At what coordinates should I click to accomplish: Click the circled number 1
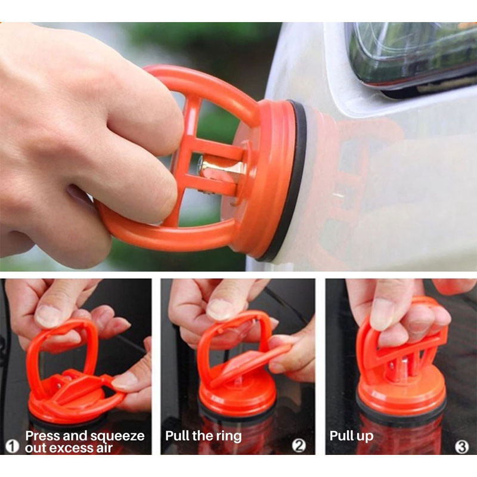coord(12,447)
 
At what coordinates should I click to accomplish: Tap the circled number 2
coord(299,445)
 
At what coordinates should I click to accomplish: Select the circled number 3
coord(461,447)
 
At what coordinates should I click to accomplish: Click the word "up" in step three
coord(366,437)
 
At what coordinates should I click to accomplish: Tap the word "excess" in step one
coord(69,448)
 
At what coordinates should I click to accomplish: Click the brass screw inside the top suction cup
coord(210,166)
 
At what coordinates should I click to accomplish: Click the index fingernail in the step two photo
coord(219,309)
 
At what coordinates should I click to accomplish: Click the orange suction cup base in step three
coord(401,392)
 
